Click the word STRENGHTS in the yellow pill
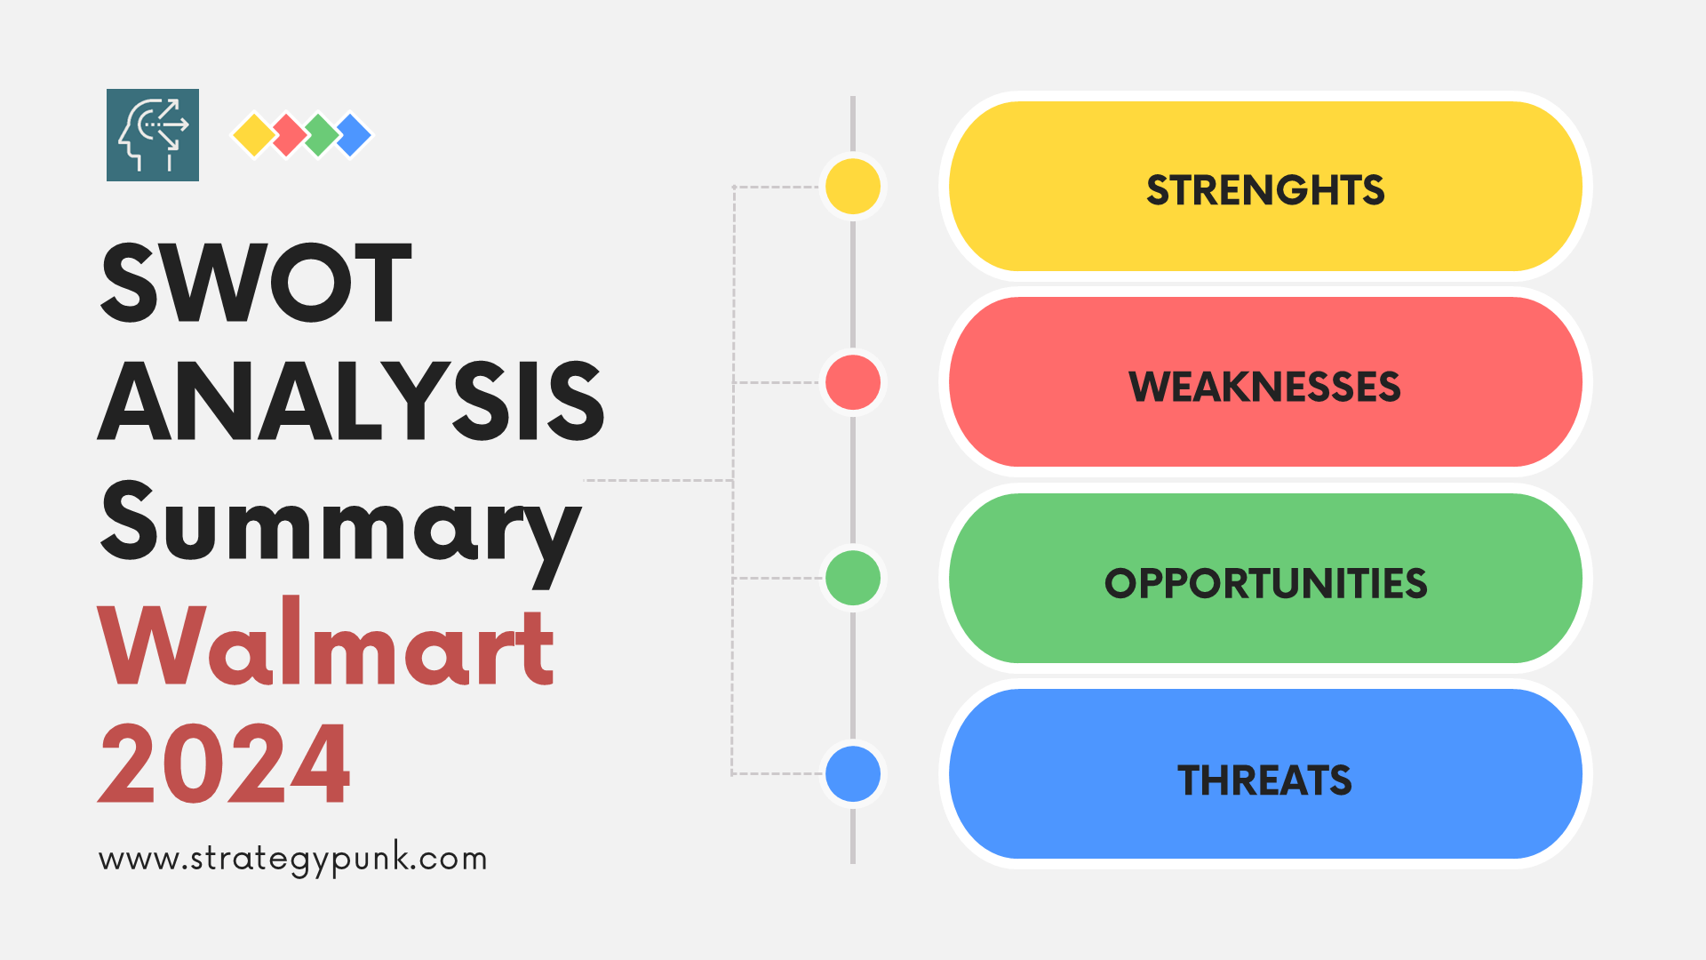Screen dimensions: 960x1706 (1264, 190)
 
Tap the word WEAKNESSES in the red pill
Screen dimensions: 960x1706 (1264, 387)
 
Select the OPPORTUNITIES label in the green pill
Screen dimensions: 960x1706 (1265, 583)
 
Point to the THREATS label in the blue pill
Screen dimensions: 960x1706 (1264, 780)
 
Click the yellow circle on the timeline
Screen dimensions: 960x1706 (853, 187)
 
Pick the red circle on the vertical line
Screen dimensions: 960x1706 (853, 382)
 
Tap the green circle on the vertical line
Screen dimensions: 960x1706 (853, 578)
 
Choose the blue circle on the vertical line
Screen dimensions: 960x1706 (853, 773)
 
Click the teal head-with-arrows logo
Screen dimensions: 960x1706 (153, 135)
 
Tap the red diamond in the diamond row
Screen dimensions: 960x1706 (287, 135)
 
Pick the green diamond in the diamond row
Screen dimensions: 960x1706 (321, 135)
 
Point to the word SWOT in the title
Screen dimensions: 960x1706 (256, 283)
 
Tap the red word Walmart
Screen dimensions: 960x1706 (326, 644)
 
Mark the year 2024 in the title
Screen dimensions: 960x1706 (225, 763)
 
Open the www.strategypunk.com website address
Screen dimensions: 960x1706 (292, 859)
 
